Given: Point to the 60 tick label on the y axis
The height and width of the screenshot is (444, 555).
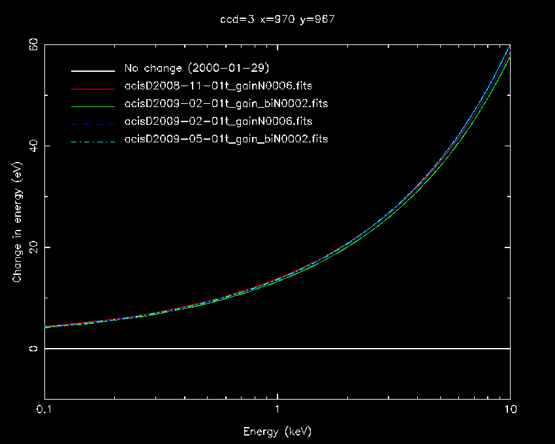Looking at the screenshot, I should coord(31,44).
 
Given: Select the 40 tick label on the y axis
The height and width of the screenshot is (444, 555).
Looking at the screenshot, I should coord(31,146).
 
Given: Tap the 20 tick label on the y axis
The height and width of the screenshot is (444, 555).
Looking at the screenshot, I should coord(31,247).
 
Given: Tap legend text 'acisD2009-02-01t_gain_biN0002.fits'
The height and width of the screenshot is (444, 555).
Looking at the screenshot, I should coord(226,104).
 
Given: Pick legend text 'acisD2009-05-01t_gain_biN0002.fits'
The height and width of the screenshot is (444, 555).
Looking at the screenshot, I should coord(226,139).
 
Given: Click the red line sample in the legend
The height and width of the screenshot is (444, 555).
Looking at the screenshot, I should coord(93,86).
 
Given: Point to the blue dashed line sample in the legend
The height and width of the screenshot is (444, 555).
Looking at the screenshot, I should coord(93,121).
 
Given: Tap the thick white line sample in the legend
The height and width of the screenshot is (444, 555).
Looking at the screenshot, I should coord(93,69).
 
